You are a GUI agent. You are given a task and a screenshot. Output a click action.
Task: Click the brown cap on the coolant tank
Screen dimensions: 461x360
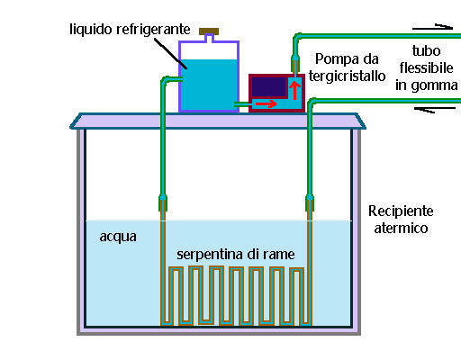(209, 31)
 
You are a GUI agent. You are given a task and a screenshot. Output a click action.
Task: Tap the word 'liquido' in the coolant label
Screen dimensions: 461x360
(91, 30)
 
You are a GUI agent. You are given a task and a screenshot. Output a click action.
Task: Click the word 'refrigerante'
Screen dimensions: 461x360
(153, 30)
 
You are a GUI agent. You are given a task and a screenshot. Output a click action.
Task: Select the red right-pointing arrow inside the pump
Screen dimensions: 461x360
(266, 103)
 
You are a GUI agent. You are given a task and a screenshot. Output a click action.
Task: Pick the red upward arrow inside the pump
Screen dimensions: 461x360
(294, 90)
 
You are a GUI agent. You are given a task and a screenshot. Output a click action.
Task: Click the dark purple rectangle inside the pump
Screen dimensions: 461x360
(268, 87)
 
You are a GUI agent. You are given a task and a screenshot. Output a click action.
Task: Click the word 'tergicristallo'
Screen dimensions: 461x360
(347, 76)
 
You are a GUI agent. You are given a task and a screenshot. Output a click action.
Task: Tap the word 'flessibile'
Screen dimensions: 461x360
(426, 67)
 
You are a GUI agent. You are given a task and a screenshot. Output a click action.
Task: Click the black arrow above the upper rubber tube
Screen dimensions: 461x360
(432, 27)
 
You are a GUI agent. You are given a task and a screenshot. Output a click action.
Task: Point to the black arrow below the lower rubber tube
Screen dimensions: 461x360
(435, 110)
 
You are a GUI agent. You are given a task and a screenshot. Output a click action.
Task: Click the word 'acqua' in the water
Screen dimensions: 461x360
(118, 237)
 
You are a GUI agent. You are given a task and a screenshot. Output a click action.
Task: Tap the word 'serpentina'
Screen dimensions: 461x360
(210, 255)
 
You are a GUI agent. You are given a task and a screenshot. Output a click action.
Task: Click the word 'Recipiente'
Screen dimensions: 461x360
(401, 211)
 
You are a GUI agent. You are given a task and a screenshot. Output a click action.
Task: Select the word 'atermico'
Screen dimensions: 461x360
(401, 229)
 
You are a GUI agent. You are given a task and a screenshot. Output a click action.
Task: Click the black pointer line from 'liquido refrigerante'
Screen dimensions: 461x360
(170, 53)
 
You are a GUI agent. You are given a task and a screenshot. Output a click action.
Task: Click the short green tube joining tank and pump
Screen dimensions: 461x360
(241, 104)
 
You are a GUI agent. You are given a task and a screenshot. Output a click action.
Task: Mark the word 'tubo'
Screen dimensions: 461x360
(426, 51)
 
